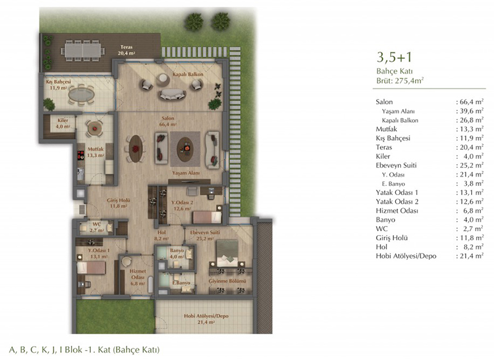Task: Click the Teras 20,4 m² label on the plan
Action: tap(127, 51)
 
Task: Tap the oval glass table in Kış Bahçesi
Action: tap(82, 94)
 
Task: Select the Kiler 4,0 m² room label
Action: tap(63, 123)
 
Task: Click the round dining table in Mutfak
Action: tap(94, 128)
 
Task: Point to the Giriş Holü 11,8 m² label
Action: tap(118, 203)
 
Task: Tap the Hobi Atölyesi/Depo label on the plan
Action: tap(206, 319)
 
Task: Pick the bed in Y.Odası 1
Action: tap(91, 268)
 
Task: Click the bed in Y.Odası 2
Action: tap(207, 217)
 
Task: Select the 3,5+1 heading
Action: tap(394, 57)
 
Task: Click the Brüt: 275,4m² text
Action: tap(400, 81)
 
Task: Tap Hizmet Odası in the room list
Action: tap(396, 211)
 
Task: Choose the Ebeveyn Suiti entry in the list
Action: tap(396, 165)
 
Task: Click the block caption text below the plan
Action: tap(85, 350)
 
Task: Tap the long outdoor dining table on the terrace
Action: tap(83, 50)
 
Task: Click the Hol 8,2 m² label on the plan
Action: tap(162, 235)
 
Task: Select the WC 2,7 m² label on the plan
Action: tap(96, 227)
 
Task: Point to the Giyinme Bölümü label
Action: tap(227, 281)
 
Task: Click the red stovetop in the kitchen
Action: tap(81, 154)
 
